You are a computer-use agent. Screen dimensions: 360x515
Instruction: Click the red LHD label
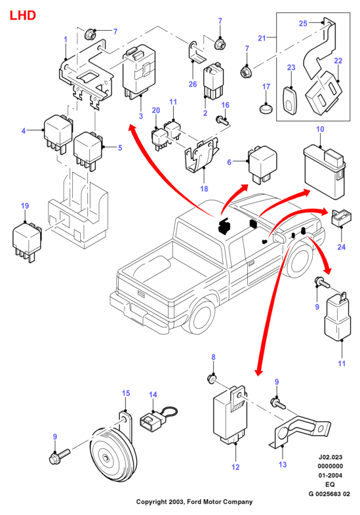coord(23,16)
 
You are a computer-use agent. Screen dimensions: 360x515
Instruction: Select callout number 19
coord(25,206)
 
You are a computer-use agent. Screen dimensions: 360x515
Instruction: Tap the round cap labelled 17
coord(266,108)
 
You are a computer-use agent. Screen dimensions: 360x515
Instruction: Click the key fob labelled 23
coord(290,101)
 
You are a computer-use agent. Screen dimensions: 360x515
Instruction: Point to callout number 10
coord(320,129)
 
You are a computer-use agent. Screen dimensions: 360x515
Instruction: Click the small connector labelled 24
coord(342,218)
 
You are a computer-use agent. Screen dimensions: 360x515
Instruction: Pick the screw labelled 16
coord(222,121)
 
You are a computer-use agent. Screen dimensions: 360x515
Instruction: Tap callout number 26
coord(193,84)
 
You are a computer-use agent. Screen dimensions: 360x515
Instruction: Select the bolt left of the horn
coord(59,456)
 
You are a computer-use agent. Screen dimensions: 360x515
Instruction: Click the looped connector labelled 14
coord(158,417)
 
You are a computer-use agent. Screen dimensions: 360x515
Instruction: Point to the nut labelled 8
coord(212,380)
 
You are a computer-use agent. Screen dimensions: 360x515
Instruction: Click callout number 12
coord(235,467)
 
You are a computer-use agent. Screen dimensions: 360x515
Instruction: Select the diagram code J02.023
coord(330,457)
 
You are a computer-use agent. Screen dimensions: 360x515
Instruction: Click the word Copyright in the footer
coord(151,501)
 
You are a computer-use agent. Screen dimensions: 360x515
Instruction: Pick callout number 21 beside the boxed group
coord(262,38)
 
